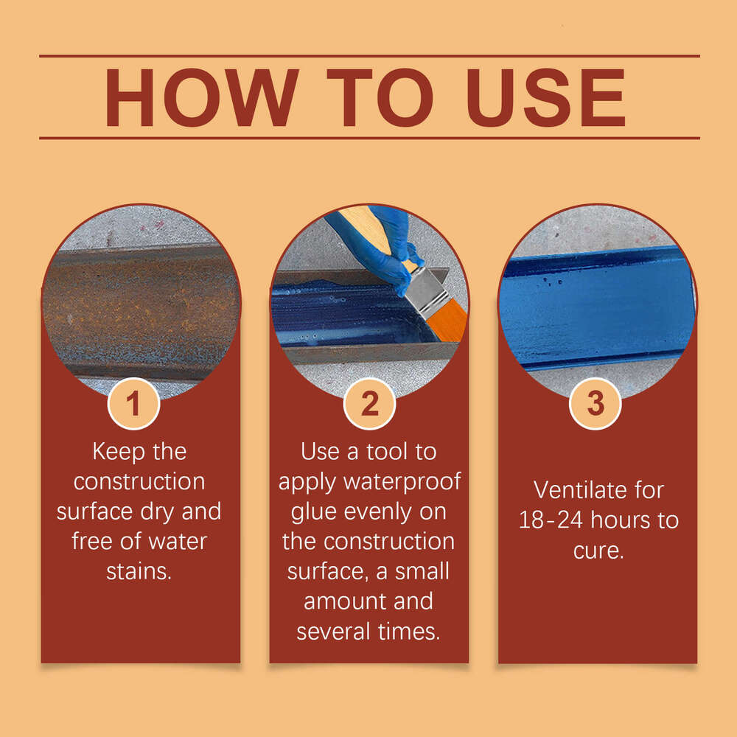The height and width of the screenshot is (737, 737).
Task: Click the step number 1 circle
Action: point(133,404)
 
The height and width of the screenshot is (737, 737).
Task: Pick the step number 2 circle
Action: point(369,404)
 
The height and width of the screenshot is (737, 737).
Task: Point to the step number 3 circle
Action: point(595,404)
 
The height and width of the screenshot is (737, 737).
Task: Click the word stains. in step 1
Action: point(139,571)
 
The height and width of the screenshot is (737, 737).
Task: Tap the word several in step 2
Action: point(334,632)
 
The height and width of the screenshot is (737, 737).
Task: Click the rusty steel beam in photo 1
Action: point(140,310)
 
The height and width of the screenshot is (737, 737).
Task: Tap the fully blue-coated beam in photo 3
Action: point(597,306)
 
